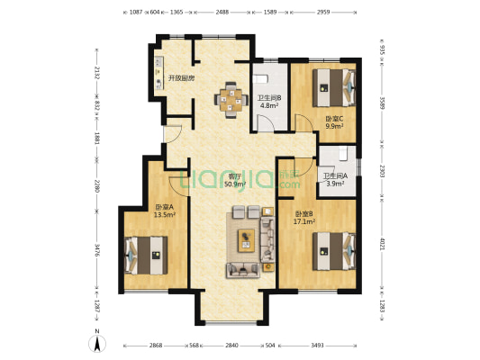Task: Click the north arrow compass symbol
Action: (97, 343)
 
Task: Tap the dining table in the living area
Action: (231, 100)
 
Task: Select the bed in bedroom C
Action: (334, 88)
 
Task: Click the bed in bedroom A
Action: (146, 256)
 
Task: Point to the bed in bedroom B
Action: (334, 251)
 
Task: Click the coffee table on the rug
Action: (247, 240)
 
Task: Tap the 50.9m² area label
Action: (235, 184)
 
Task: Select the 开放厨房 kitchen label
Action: (181, 78)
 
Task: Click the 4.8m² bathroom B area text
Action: (269, 106)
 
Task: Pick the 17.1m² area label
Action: (304, 221)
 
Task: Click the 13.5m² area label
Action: (165, 215)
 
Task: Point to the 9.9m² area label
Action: (334, 126)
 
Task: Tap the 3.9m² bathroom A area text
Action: (335, 184)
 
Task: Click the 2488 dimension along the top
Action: (222, 13)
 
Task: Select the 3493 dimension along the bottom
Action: (317, 346)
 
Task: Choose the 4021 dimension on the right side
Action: (382, 244)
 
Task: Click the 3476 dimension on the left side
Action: (96, 250)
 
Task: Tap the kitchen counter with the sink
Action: (158, 73)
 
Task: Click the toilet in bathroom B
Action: (260, 78)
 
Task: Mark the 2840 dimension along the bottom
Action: (231, 346)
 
